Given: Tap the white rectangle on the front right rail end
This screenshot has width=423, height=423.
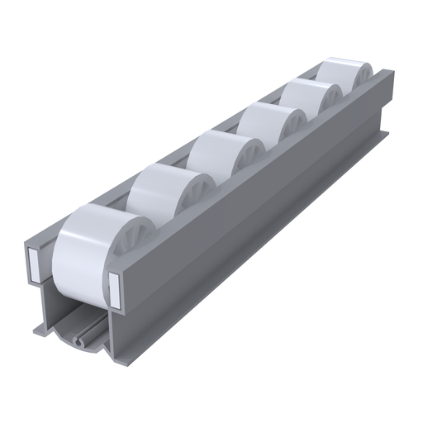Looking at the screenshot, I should click(x=113, y=284).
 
